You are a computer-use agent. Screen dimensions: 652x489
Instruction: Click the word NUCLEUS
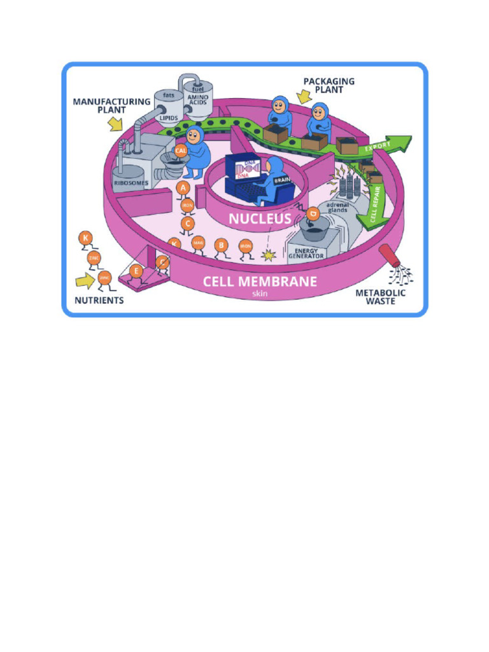click(260, 218)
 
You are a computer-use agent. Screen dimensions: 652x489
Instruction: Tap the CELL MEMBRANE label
click(259, 281)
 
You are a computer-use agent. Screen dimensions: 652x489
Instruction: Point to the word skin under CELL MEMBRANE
click(259, 295)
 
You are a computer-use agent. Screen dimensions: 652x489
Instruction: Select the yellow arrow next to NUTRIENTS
click(84, 280)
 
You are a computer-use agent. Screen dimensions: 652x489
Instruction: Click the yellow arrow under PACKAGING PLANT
click(304, 96)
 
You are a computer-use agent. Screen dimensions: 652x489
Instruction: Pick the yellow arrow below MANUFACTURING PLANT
click(115, 124)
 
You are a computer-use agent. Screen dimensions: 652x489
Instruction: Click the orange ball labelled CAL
click(181, 151)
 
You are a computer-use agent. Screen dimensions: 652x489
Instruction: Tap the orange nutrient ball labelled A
click(183, 188)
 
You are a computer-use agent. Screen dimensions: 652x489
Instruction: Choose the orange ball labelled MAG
click(198, 242)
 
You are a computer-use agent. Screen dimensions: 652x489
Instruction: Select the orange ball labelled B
click(221, 245)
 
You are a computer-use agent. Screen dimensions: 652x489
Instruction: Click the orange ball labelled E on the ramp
click(136, 271)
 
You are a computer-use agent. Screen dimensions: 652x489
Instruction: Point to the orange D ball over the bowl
click(313, 214)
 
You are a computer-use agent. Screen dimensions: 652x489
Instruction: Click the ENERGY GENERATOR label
click(306, 253)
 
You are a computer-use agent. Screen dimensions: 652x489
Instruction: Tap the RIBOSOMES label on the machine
click(131, 183)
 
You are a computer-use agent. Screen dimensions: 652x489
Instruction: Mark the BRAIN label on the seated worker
click(281, 180)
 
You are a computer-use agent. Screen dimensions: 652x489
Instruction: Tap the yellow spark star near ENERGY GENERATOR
click(268, 255)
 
